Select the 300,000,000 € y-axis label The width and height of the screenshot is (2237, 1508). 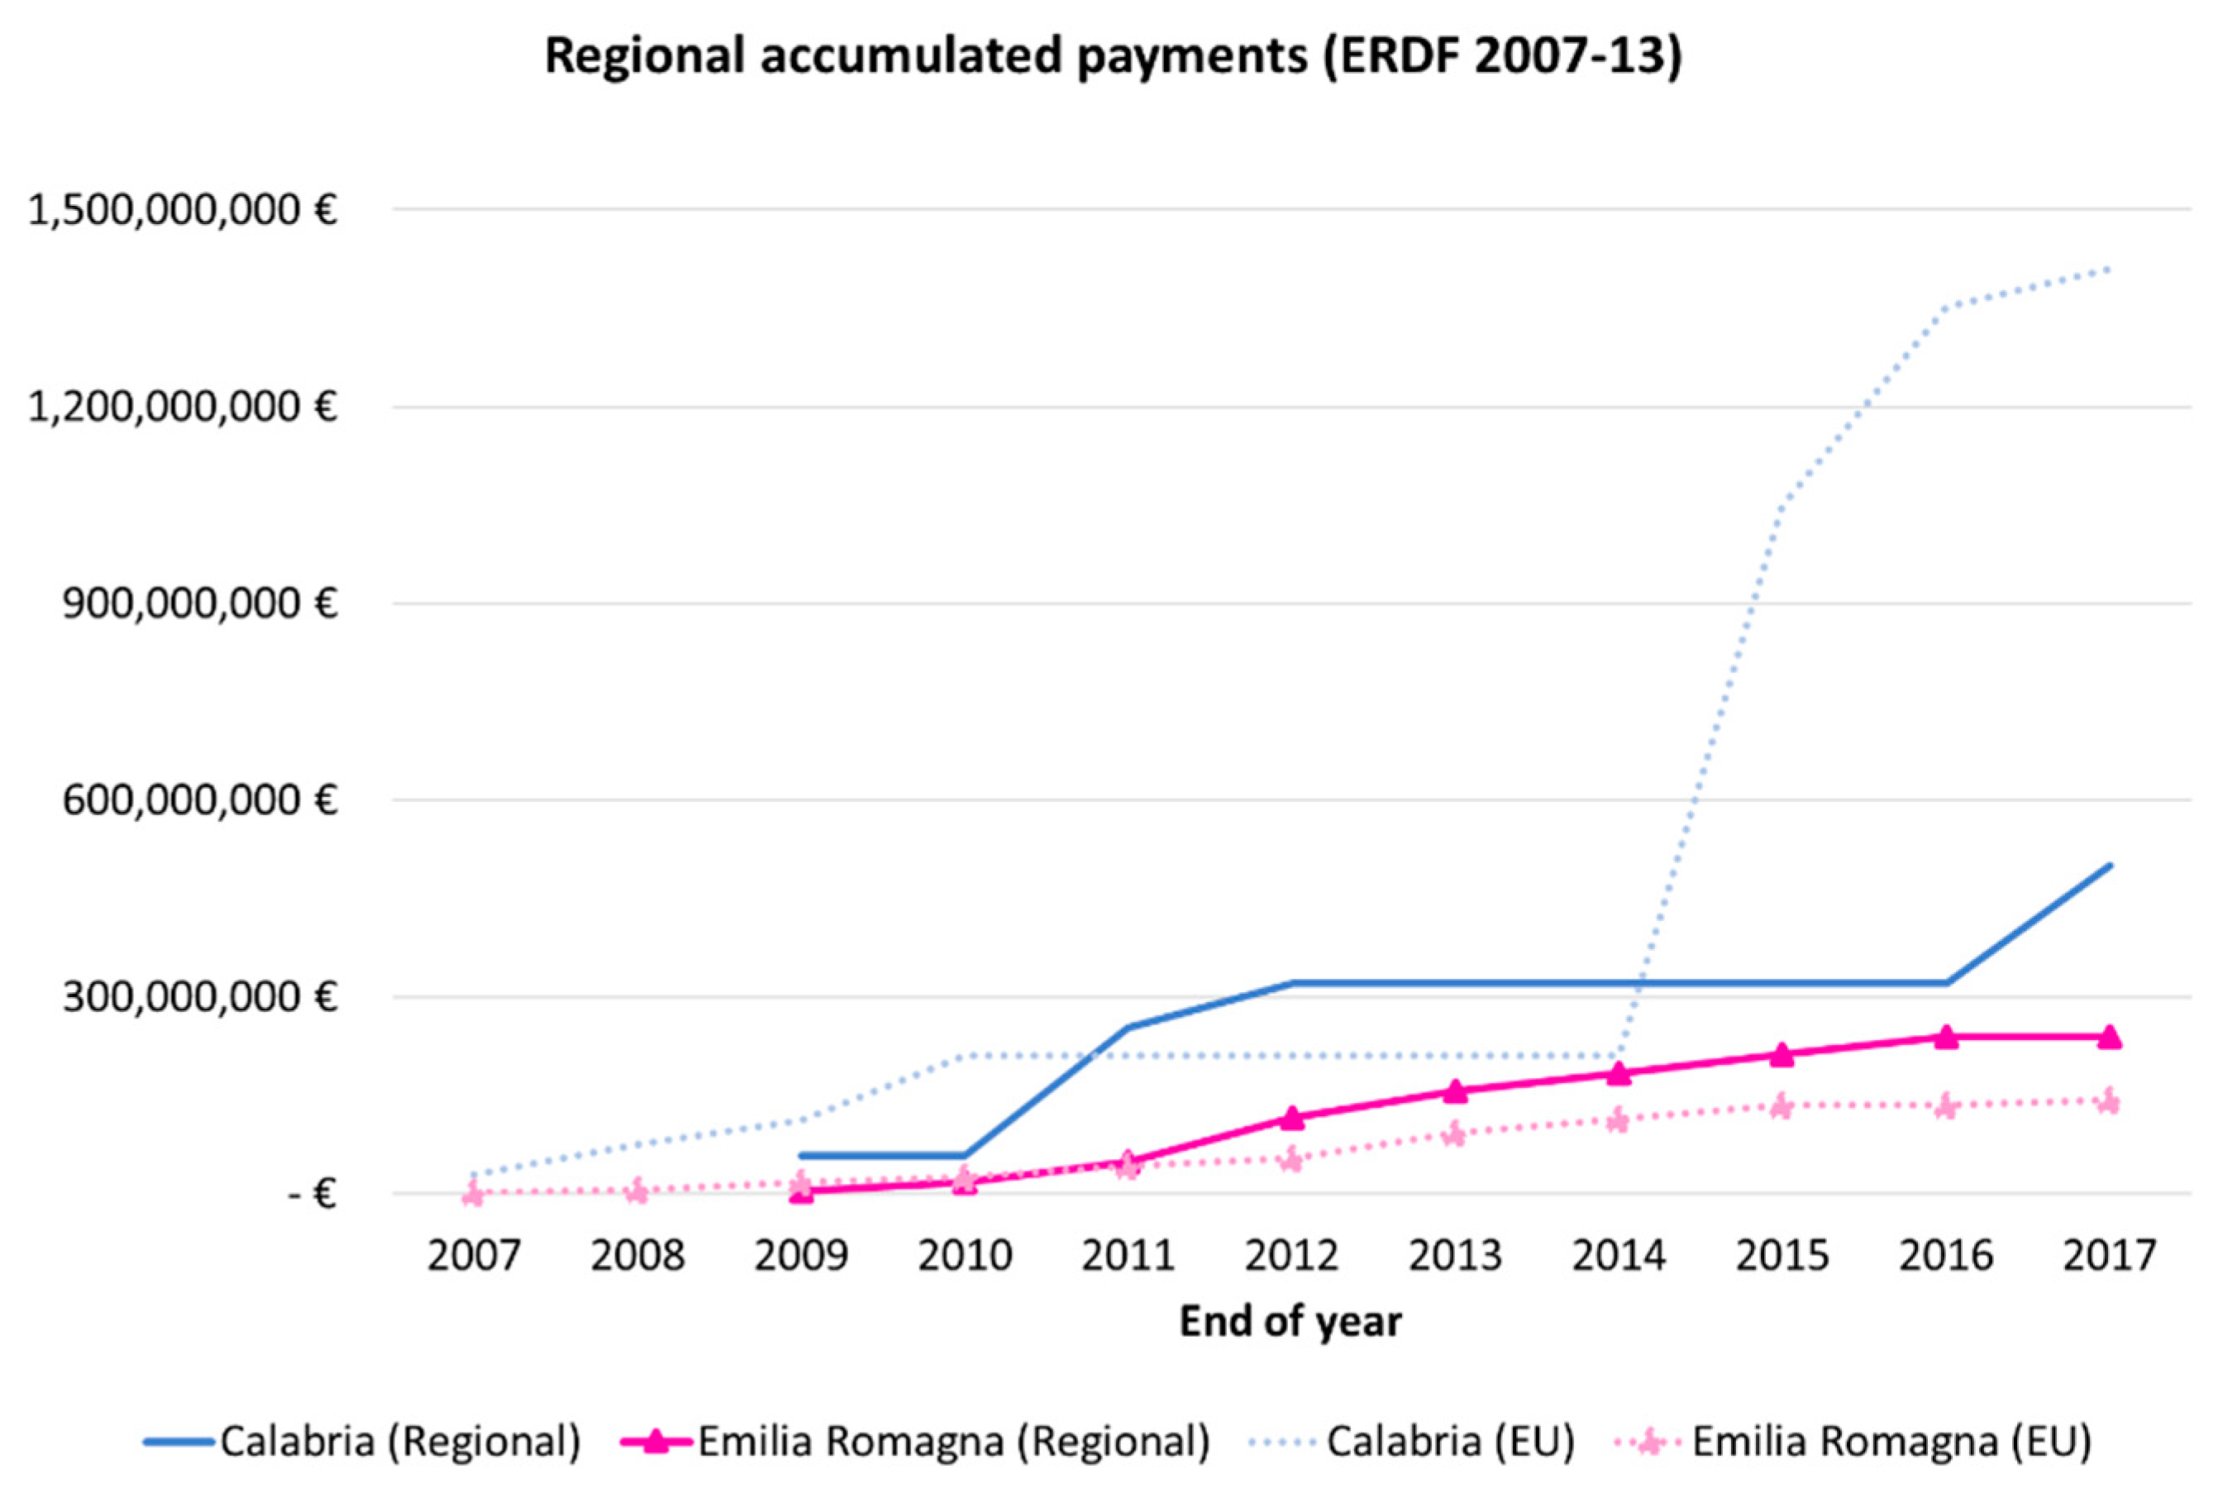200,997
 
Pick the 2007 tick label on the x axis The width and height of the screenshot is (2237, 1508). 473,1256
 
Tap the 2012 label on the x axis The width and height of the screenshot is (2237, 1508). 1291,1256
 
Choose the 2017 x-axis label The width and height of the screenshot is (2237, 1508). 2109,1256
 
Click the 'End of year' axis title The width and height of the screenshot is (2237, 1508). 1290,1321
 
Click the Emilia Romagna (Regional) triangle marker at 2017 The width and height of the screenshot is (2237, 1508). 2109,1037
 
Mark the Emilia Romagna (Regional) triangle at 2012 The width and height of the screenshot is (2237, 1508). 1291,1118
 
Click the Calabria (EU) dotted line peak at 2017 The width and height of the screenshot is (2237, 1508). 2109,269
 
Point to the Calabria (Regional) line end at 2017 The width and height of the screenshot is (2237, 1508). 2109,865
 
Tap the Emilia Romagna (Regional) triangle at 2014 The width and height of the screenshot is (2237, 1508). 1619,1072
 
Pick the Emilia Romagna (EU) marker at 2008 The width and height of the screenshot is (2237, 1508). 637,1191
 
